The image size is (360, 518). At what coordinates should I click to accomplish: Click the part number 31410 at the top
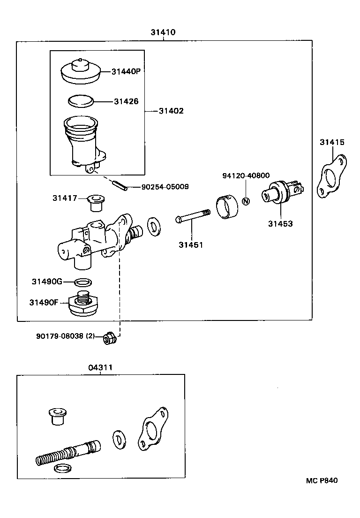[x=163, y=32]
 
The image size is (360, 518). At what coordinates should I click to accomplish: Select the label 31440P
[x=126, y=71]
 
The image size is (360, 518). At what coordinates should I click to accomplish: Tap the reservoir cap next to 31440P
[x=81, y=71]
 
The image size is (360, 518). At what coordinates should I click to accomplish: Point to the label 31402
[x=171, y=111]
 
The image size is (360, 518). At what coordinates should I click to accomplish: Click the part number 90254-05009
[x=165, y=187]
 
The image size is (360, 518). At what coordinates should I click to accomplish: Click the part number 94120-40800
[x=246, y=175]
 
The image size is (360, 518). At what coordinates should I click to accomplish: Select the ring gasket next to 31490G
[x=83, y=282]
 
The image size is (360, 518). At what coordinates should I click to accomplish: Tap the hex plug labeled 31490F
[x=82, y=303]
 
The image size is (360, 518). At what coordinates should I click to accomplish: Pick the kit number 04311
[x=100, y=367]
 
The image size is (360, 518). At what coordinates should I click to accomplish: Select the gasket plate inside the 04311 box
[x=152, y=428]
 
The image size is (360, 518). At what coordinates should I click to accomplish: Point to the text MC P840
[x=322, y=480]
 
